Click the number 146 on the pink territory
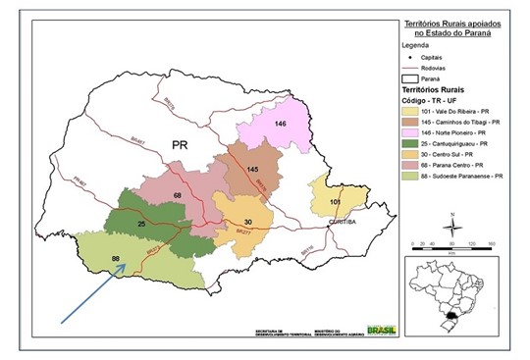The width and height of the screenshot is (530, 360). (x=280, y=124)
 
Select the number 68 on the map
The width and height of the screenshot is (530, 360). (x=178, y=196)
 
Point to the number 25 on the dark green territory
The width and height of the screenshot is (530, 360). (x=141, y=225)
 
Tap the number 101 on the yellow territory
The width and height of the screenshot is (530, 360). (x=337, y=203)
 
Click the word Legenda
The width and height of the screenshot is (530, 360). (x=418, y=45)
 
